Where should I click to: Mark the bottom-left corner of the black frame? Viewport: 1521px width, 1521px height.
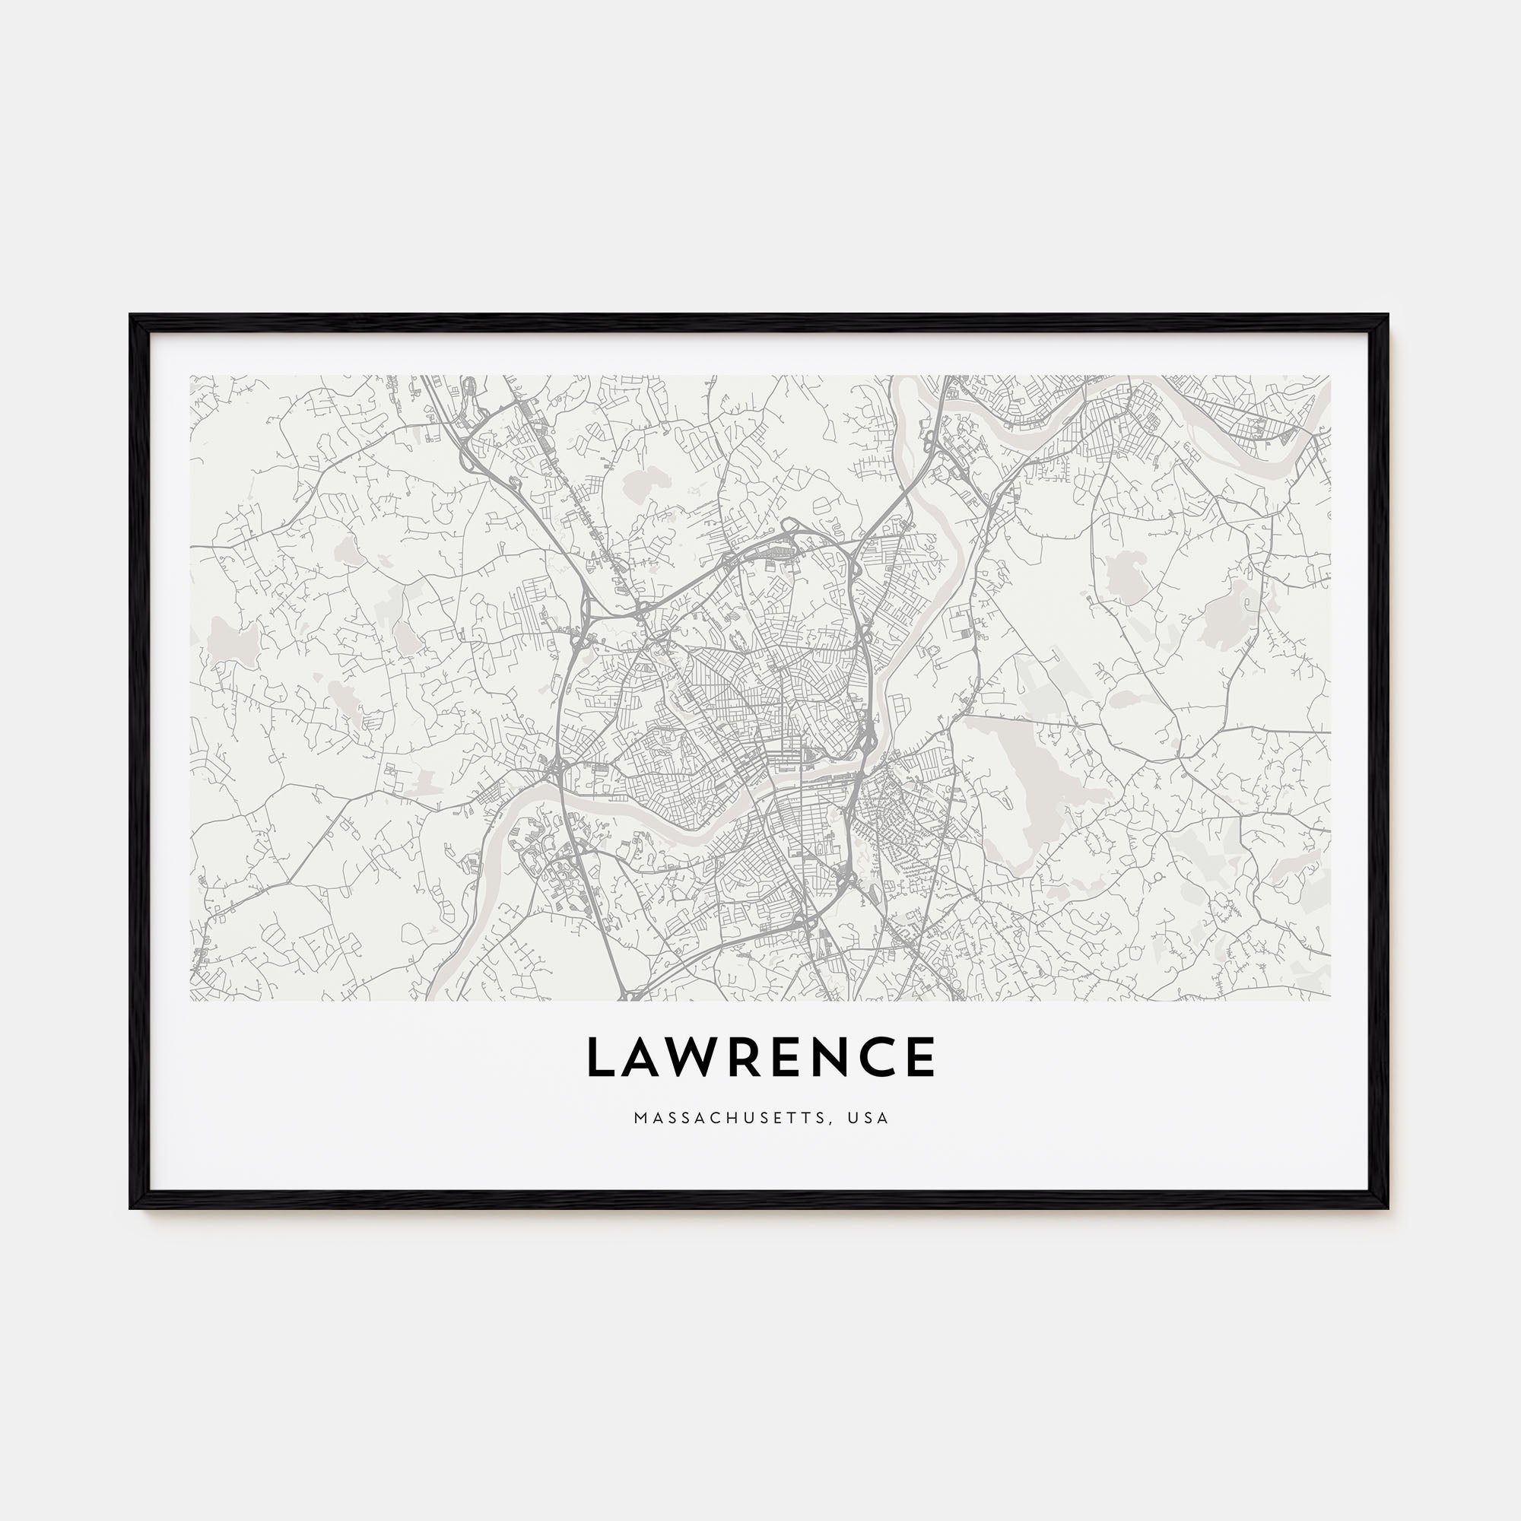pyautogui.click(x=132, y=1208)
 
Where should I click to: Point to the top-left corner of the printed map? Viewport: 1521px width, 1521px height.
pyautogui.click(x=191, y=376)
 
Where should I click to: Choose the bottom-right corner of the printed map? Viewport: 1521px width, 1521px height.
pyautogui.click(x=1329, y=1001)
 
